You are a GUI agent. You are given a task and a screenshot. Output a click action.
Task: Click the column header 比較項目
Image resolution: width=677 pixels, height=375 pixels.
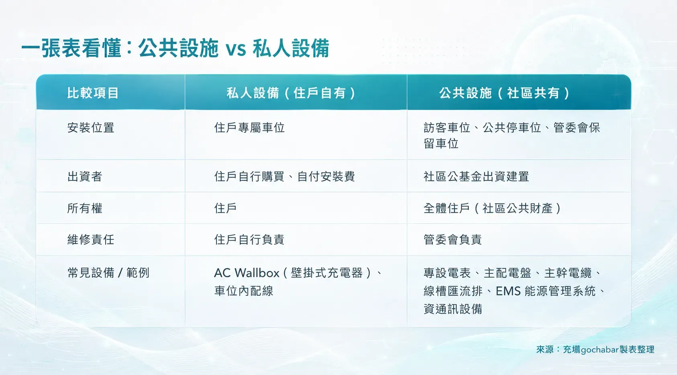[93, 93]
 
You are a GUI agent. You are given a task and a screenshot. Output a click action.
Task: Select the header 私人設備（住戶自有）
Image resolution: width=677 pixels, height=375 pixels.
[291, 93]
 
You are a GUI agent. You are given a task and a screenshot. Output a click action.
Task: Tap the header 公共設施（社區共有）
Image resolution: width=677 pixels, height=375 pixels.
[504, 93]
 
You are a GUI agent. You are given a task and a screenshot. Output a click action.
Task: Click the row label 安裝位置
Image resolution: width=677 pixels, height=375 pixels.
[91, 128]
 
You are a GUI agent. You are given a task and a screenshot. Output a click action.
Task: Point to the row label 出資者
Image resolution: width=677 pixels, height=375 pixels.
[85, 176]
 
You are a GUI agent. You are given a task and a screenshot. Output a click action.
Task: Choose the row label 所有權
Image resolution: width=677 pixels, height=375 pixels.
[85, 208]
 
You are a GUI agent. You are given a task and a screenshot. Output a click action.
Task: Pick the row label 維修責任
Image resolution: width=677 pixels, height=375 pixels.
[91, 240]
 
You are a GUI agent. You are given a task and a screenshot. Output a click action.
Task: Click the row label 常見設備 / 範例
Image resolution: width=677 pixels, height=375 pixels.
[108, 273]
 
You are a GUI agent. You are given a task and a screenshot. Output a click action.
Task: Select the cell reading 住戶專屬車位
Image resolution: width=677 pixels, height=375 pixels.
[249, 128]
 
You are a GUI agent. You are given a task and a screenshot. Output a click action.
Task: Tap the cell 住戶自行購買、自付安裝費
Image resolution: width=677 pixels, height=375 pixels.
[284, 176]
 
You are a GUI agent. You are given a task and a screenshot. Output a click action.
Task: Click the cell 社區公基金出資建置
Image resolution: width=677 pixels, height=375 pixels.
[476, 176]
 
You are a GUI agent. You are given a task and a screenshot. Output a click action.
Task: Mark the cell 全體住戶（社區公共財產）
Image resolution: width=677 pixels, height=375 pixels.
[492, 208]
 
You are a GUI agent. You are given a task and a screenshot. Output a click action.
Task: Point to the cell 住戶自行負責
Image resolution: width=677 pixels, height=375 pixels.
[249, 240]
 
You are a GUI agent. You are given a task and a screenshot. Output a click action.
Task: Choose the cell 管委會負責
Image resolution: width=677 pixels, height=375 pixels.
[453, 240]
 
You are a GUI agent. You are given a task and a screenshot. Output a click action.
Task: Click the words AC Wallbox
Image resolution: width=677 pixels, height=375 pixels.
[247, 273]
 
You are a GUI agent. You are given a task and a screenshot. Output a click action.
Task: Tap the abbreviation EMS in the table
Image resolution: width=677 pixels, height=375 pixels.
[508, 291]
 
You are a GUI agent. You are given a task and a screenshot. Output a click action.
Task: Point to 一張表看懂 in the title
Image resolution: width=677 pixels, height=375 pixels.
[71, 48]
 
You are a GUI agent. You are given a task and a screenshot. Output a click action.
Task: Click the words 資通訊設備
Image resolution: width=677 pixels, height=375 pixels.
[453, 309]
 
